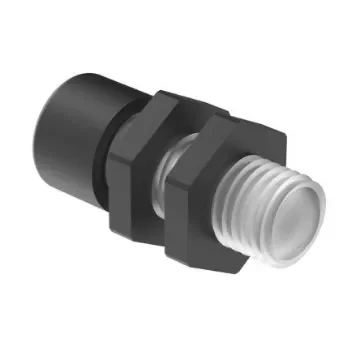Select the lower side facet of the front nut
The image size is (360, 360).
(200, 250)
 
